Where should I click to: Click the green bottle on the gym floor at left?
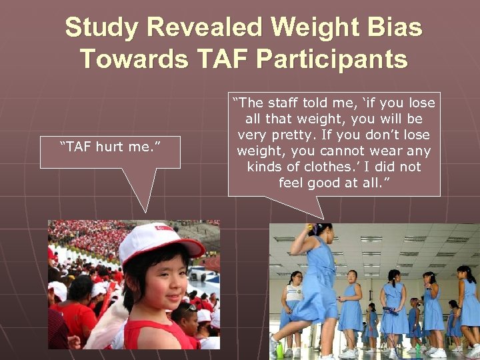click(280, 349)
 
